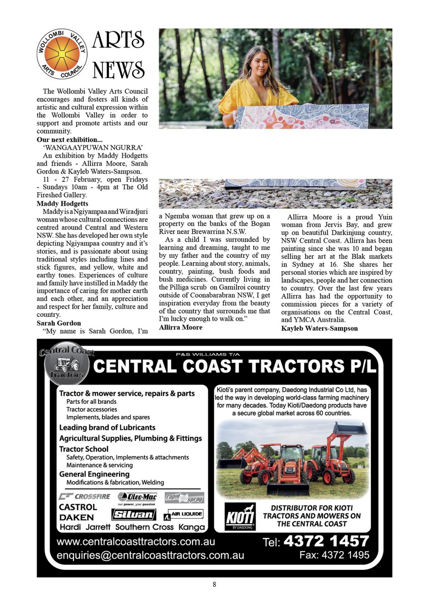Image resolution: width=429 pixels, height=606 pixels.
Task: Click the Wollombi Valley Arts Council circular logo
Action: point(62,54)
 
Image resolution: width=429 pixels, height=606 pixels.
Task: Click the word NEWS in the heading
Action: point(118,70)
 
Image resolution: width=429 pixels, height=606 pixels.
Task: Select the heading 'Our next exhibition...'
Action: point(69,140)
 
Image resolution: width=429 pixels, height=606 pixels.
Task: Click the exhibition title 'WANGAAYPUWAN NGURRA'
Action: point(93,147)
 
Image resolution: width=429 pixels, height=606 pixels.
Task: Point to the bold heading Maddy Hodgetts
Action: point(62,204)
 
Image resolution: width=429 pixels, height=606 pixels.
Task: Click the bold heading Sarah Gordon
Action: point(59,323)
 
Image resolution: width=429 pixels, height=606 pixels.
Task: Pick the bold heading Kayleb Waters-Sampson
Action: point(319,328)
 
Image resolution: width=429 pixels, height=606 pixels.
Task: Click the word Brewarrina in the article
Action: point(208,231)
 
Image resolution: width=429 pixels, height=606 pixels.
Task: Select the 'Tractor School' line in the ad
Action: point(84,449)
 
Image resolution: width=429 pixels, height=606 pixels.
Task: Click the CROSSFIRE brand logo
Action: point(85,496)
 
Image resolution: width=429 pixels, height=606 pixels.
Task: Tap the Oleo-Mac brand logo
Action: point(137,497)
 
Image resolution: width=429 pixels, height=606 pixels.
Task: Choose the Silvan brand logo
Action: point(134,514)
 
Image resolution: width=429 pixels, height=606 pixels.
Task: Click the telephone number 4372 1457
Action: point(326,541)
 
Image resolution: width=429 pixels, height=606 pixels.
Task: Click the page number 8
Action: point(214,584)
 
